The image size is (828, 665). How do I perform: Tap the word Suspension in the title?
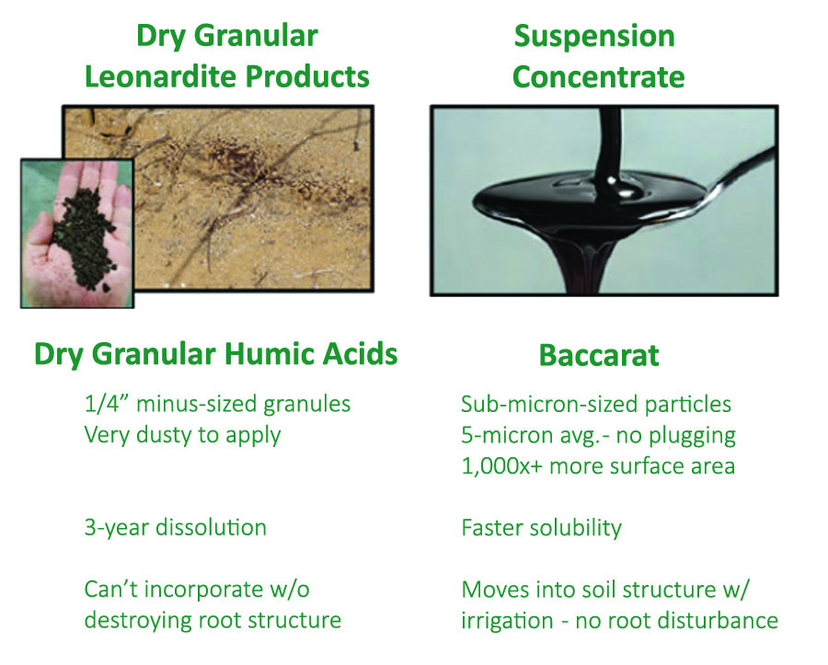594,37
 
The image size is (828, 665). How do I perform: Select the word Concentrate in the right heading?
598,77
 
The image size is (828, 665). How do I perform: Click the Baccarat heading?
599,355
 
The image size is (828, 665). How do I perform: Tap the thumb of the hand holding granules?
40,240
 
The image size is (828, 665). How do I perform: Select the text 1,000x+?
501,466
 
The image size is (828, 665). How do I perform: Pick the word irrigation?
507,621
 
